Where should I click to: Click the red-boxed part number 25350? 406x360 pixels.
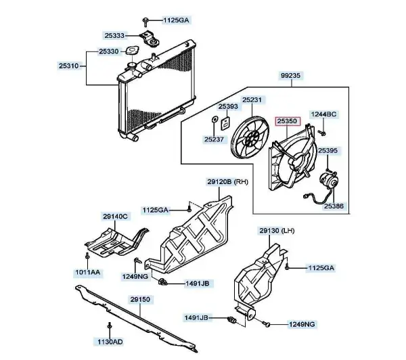coord(286,122)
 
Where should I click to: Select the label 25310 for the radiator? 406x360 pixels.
coord(70,66)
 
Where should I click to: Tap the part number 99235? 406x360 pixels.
coord(290,77)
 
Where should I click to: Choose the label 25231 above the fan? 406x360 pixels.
coord(252,99)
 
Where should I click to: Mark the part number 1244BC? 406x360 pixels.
coord(323,114)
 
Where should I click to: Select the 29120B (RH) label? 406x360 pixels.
coord(228,181)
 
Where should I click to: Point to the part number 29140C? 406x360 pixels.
coord(116,216)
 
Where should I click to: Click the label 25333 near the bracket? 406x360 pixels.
coord(115,35)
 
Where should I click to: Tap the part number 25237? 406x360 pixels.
coord(214,139)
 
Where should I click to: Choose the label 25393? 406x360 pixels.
coord(228,106)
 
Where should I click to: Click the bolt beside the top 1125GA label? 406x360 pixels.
coord(147,21)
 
